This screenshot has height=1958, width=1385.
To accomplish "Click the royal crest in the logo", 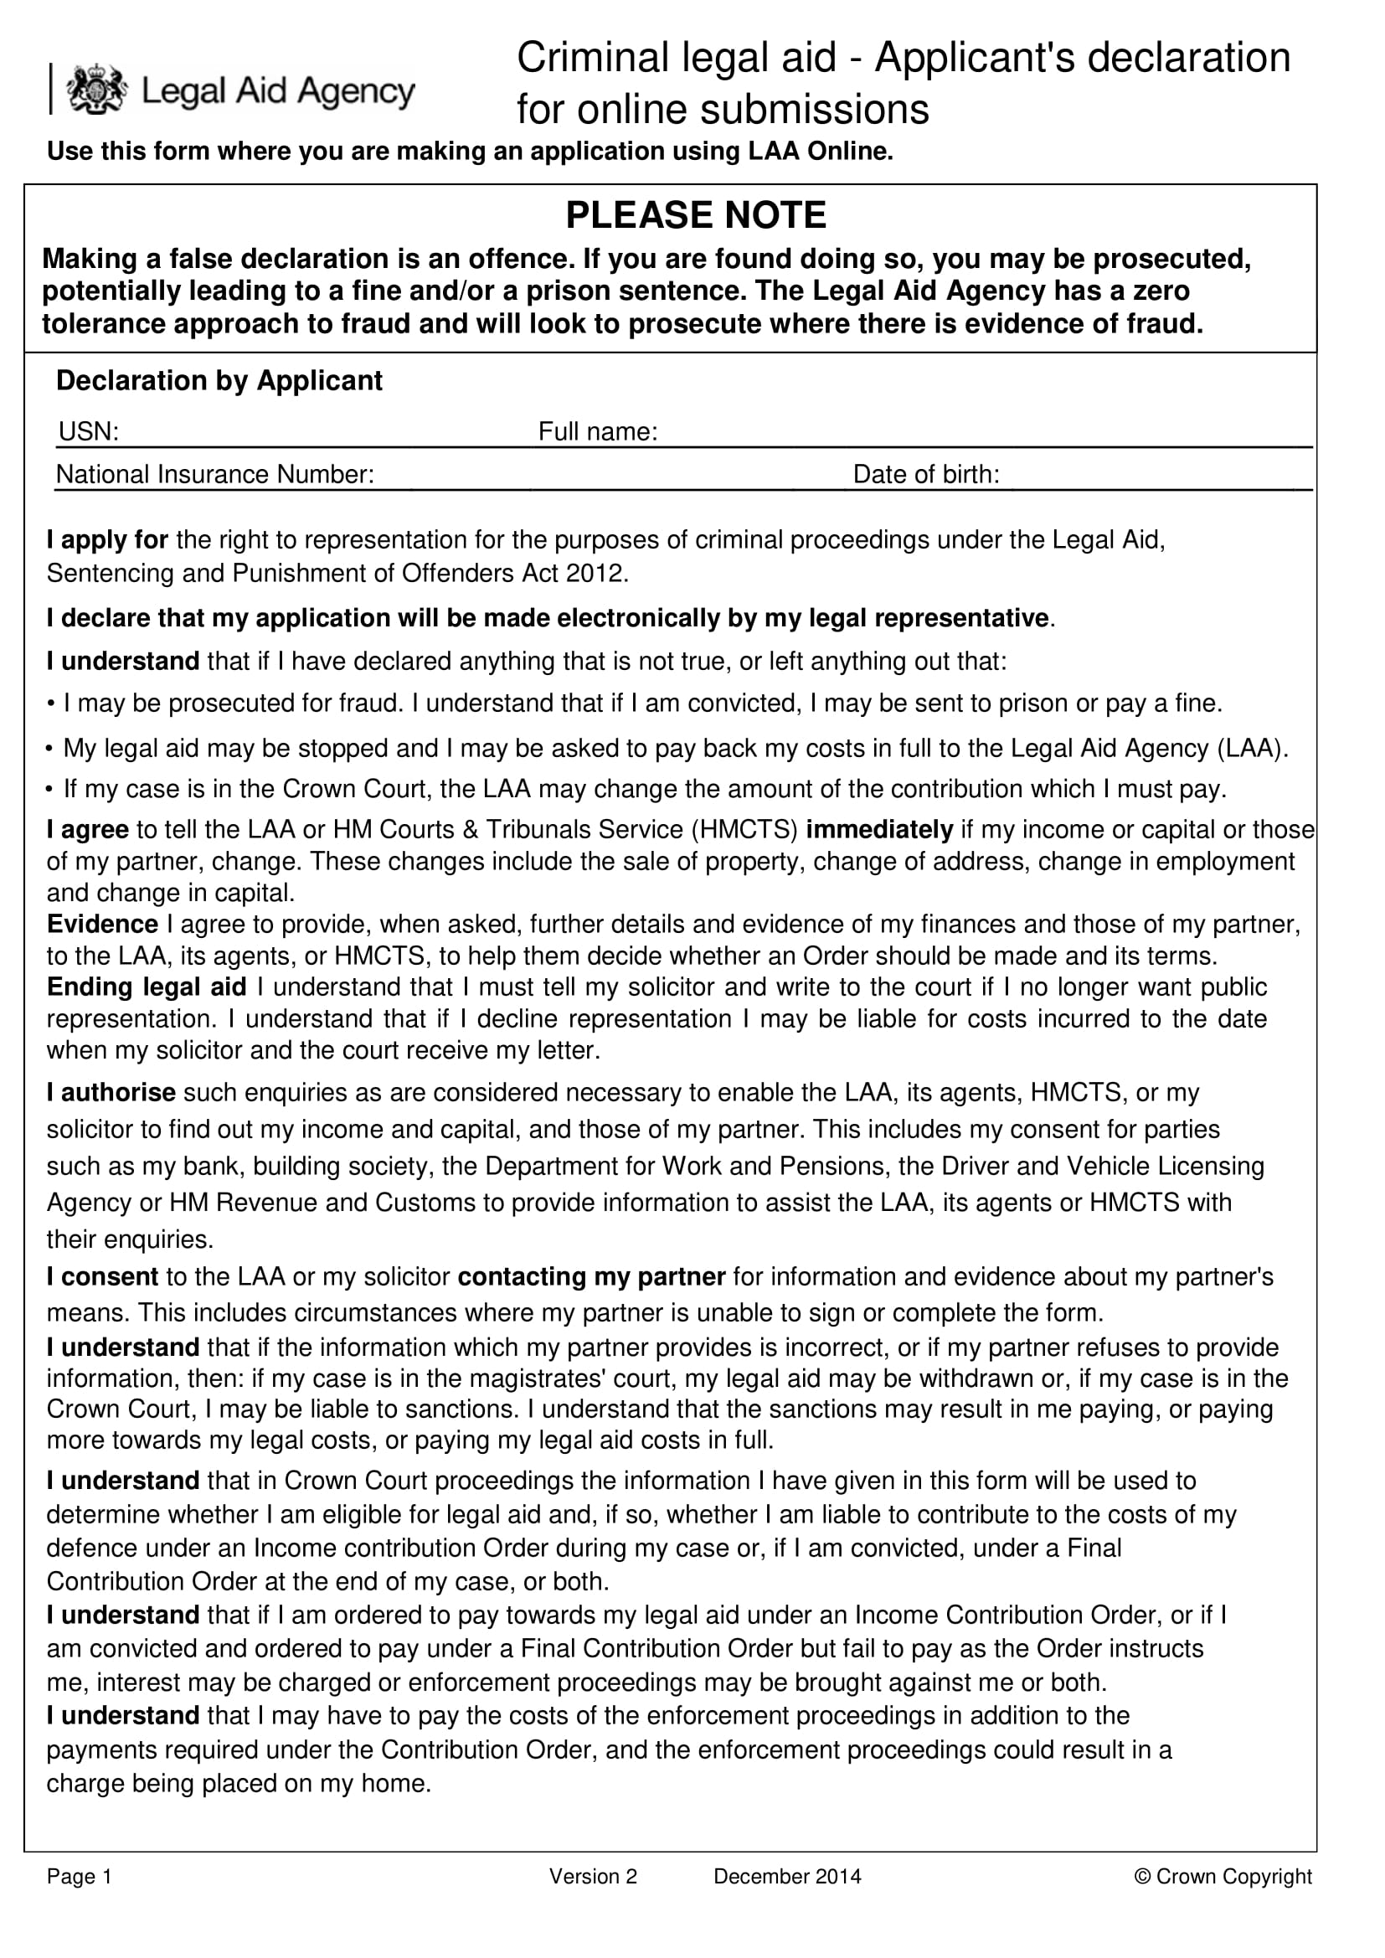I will click(96, 90).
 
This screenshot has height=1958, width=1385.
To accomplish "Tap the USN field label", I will click(88, 431).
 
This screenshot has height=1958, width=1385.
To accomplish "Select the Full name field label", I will click(597, 431).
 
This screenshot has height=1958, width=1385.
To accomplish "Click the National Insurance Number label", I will click(215, 474).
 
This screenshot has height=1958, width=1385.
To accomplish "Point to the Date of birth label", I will click(925, 474).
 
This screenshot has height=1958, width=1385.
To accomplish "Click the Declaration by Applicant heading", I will click(219, 380).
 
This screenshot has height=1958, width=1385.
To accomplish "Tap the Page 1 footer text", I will click(80, 1876).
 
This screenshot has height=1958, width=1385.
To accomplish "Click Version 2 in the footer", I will click(593, 1876).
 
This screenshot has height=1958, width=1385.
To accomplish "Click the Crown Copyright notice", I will click(1222, 1876).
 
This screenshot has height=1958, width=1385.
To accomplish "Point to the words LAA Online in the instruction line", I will click(820, 151).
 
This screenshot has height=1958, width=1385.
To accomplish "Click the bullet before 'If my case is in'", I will click(50, 790).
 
